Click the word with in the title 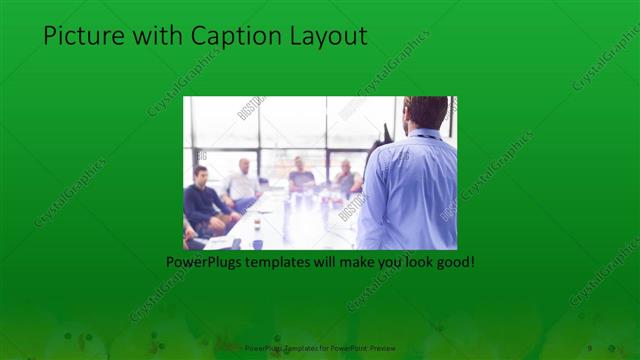158,37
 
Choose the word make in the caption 352,262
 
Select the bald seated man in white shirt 243,183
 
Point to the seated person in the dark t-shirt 301,178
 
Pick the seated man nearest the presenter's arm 347,177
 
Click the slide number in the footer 590,347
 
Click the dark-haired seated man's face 201,177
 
